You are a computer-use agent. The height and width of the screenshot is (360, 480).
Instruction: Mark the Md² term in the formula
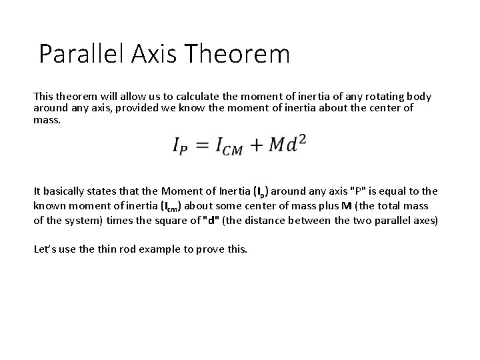(287, 143)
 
